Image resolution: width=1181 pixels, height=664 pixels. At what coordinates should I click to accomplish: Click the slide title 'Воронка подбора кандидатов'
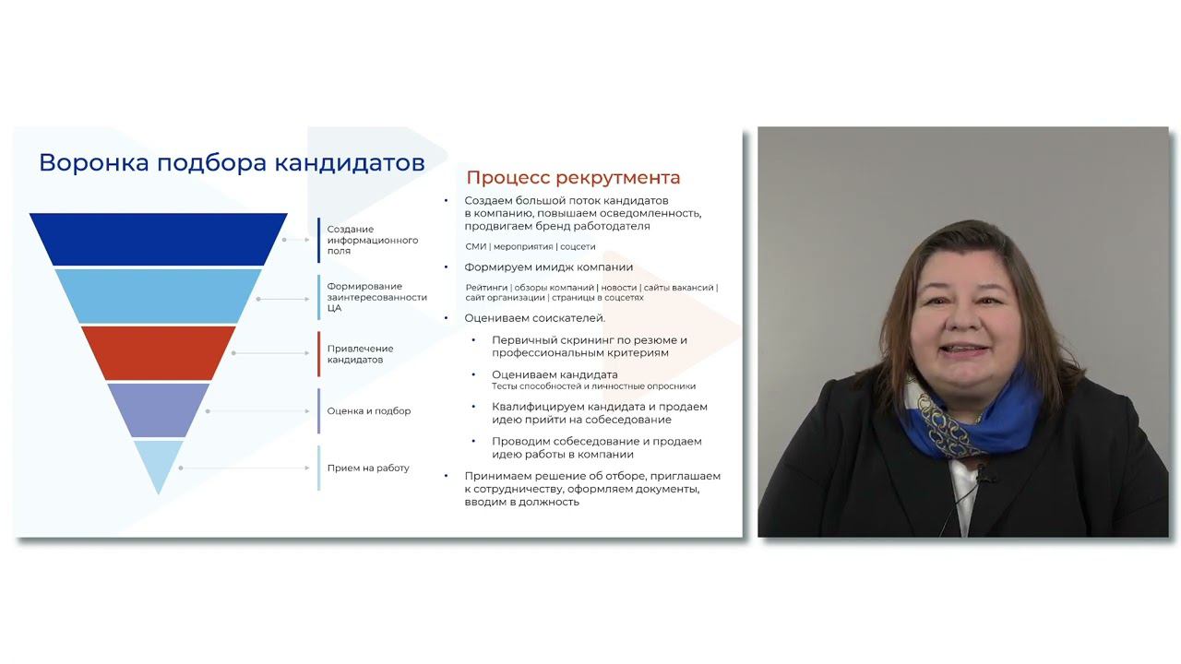232,163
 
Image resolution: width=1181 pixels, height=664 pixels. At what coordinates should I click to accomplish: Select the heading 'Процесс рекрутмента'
573,178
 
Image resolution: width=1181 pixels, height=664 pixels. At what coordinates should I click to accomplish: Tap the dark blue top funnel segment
158,239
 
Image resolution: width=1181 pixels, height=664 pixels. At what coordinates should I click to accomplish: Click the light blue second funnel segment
158,296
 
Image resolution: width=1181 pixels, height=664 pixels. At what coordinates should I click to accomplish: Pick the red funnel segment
158,352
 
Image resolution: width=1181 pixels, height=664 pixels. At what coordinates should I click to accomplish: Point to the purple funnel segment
158,409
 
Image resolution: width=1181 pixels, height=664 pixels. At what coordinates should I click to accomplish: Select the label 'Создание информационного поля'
372,240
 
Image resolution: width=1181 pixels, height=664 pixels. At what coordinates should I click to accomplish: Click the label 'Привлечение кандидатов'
360,354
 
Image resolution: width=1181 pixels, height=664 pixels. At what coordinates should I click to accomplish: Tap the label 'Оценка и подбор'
368,411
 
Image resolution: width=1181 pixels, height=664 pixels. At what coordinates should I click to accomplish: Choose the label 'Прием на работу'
367,468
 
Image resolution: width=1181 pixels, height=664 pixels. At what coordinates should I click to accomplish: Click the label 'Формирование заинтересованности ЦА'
376,297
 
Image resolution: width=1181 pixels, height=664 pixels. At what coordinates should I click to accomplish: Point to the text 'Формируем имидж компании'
548,267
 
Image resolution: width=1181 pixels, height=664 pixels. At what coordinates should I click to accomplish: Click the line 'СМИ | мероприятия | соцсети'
530,247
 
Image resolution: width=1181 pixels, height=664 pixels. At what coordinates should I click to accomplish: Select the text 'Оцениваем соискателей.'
534,318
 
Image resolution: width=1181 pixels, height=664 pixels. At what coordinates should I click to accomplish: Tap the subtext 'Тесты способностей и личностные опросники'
593,386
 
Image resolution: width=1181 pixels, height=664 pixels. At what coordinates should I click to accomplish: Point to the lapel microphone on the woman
982,477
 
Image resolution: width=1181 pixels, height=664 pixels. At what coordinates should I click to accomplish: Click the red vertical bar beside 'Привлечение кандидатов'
319,354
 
